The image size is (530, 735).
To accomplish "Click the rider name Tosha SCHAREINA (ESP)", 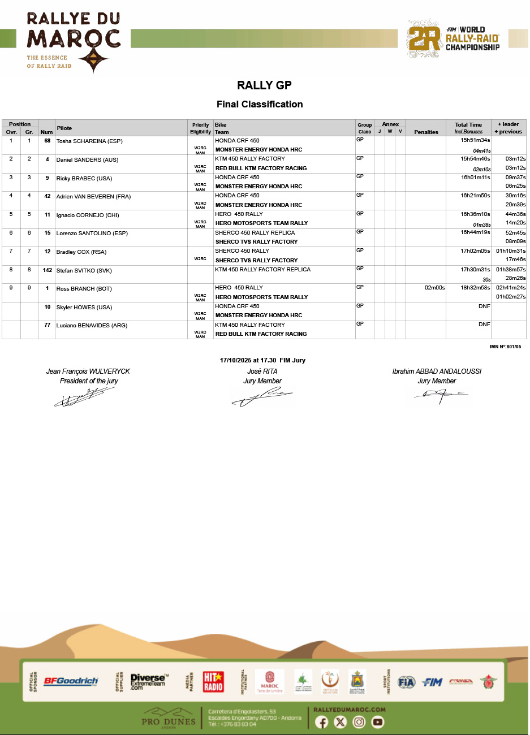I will pyautogui.click(x=89, y=141).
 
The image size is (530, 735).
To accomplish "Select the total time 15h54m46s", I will pyautogui.click(x=475, y=159).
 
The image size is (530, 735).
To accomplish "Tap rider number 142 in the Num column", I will pyautogui.click(x=48, y=270).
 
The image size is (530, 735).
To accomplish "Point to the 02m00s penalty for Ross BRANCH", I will pyautogui.click(x=435, y=288).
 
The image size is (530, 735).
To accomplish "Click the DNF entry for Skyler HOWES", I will pyautogui.click(x=484, y=306).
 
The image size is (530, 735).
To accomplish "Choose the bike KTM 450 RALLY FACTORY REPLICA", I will pyautogui.click(x=262, y=270).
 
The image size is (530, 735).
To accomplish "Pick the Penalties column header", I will pyautogui.click(x=426, y=132).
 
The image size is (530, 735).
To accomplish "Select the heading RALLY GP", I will pyautogui.click(x=264, y=85).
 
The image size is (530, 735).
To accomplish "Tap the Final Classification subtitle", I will pyautogui.click(x=260, y=104).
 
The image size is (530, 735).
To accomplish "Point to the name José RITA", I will pyautogui.click(x=262, y=371).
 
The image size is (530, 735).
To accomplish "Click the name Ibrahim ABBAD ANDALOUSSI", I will pyautogui.click(x=437, y=371).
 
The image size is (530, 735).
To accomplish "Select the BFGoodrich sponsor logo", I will pyautogui.click(x=71, y=681).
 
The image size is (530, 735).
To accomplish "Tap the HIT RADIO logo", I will pyautogui.click(x=213, y=681).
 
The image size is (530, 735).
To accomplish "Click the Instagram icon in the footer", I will pyautogui.click(x=359, y=722).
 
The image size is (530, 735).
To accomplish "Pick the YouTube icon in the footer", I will pyautogui.click(x=378, y=722).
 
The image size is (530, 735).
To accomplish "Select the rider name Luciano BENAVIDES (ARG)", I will pyautogui.click(x=92, y=326).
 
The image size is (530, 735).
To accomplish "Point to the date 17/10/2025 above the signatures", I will pyautogui.click(x=235, y=360).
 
